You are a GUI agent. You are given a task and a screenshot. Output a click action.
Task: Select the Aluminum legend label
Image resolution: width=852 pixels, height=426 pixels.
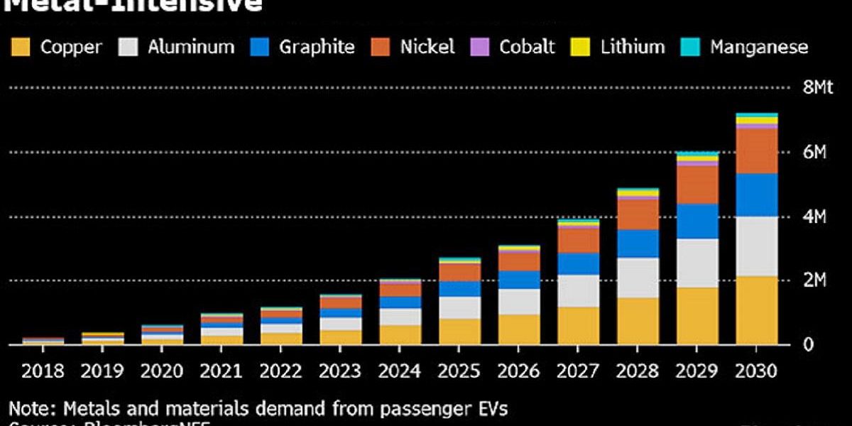190,48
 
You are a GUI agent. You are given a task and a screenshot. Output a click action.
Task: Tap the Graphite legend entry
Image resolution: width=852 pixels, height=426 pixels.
316,48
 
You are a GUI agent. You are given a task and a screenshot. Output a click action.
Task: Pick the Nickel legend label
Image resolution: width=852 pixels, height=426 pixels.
427,48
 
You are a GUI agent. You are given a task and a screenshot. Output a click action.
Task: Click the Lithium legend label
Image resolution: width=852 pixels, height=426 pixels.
632,48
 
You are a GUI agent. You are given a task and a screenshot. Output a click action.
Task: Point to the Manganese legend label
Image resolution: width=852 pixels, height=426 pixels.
759,48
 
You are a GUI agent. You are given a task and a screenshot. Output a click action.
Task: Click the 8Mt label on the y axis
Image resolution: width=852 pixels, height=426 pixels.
817,87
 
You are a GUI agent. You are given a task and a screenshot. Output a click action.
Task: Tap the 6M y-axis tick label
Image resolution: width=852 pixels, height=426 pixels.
814,152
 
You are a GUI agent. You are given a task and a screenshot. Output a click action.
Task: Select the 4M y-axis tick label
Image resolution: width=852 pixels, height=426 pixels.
814,217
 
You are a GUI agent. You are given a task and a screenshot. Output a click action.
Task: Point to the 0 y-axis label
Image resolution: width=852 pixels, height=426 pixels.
807,345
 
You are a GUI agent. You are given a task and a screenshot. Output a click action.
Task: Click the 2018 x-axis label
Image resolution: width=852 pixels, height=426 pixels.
43,371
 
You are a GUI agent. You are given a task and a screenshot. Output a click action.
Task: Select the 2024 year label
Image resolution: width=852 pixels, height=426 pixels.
400,371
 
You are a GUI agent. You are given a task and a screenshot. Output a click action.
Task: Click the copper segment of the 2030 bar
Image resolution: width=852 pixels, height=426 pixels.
757,310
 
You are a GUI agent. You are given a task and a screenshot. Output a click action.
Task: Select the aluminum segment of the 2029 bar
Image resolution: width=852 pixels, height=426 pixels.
697,263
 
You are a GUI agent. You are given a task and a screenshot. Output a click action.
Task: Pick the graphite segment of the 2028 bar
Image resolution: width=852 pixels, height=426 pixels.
638,244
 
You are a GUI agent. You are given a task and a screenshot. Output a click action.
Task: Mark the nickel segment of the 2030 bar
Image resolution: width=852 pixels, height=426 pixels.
757,151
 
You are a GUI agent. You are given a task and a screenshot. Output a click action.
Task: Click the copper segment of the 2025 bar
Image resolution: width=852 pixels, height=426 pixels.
459,332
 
